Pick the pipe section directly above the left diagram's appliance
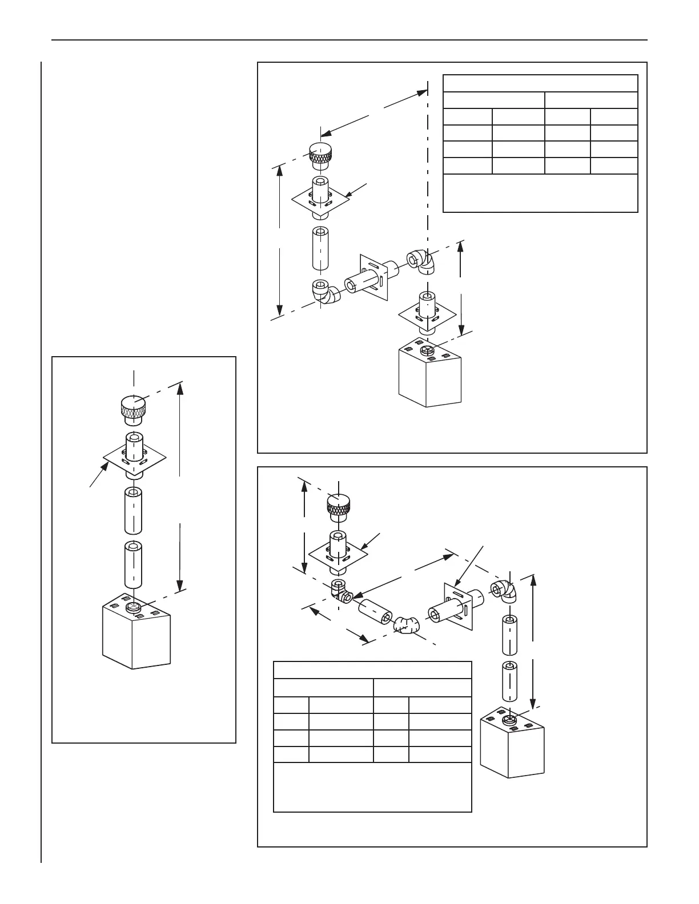pyautogui.click(x=134, y=566)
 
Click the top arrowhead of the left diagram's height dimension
pyautogui.click(x=180, y=388)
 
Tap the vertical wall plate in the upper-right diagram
pyautogui.click(x=375, y=278)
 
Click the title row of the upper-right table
pyautogui.click(x=540, y=83)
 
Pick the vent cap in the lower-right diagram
pyautogui.click(x=339, y=506)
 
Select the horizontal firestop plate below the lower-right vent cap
pyautogui.click(x=337, y=554)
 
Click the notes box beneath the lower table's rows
pyautogui.click(x=372, y=787)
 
